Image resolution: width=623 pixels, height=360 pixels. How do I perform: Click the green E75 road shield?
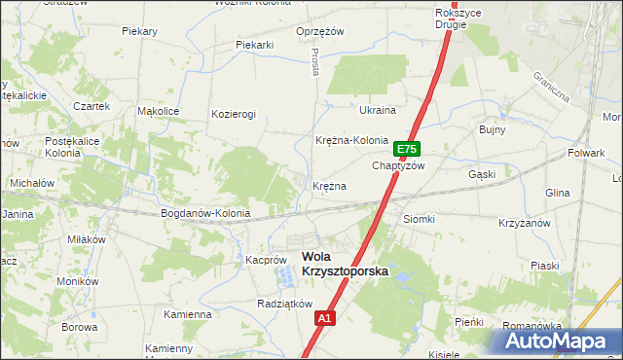pos(407,149)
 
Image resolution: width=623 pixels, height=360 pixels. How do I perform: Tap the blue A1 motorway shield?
pos(326,317)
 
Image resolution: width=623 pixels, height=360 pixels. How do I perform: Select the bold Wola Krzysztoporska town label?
pos(345,266)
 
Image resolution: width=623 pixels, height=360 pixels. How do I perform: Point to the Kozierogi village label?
pos(234,114)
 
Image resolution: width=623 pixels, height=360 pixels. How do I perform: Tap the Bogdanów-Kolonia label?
pos(205,213)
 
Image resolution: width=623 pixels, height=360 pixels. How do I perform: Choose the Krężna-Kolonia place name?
pos(352,140)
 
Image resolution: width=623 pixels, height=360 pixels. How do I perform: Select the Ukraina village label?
pos(378,110)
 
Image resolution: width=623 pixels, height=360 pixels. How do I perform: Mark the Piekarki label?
pos(255,45)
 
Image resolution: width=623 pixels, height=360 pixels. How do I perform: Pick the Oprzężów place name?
pos(320,31)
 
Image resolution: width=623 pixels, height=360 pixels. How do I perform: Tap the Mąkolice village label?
pos(158,111)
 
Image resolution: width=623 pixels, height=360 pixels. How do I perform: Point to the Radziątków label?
pos(283,304)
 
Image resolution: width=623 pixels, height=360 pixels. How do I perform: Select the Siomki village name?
pos(419,219)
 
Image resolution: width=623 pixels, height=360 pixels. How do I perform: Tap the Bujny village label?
pos(489,128)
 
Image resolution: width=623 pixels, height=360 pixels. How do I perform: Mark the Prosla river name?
pos(316,64)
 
